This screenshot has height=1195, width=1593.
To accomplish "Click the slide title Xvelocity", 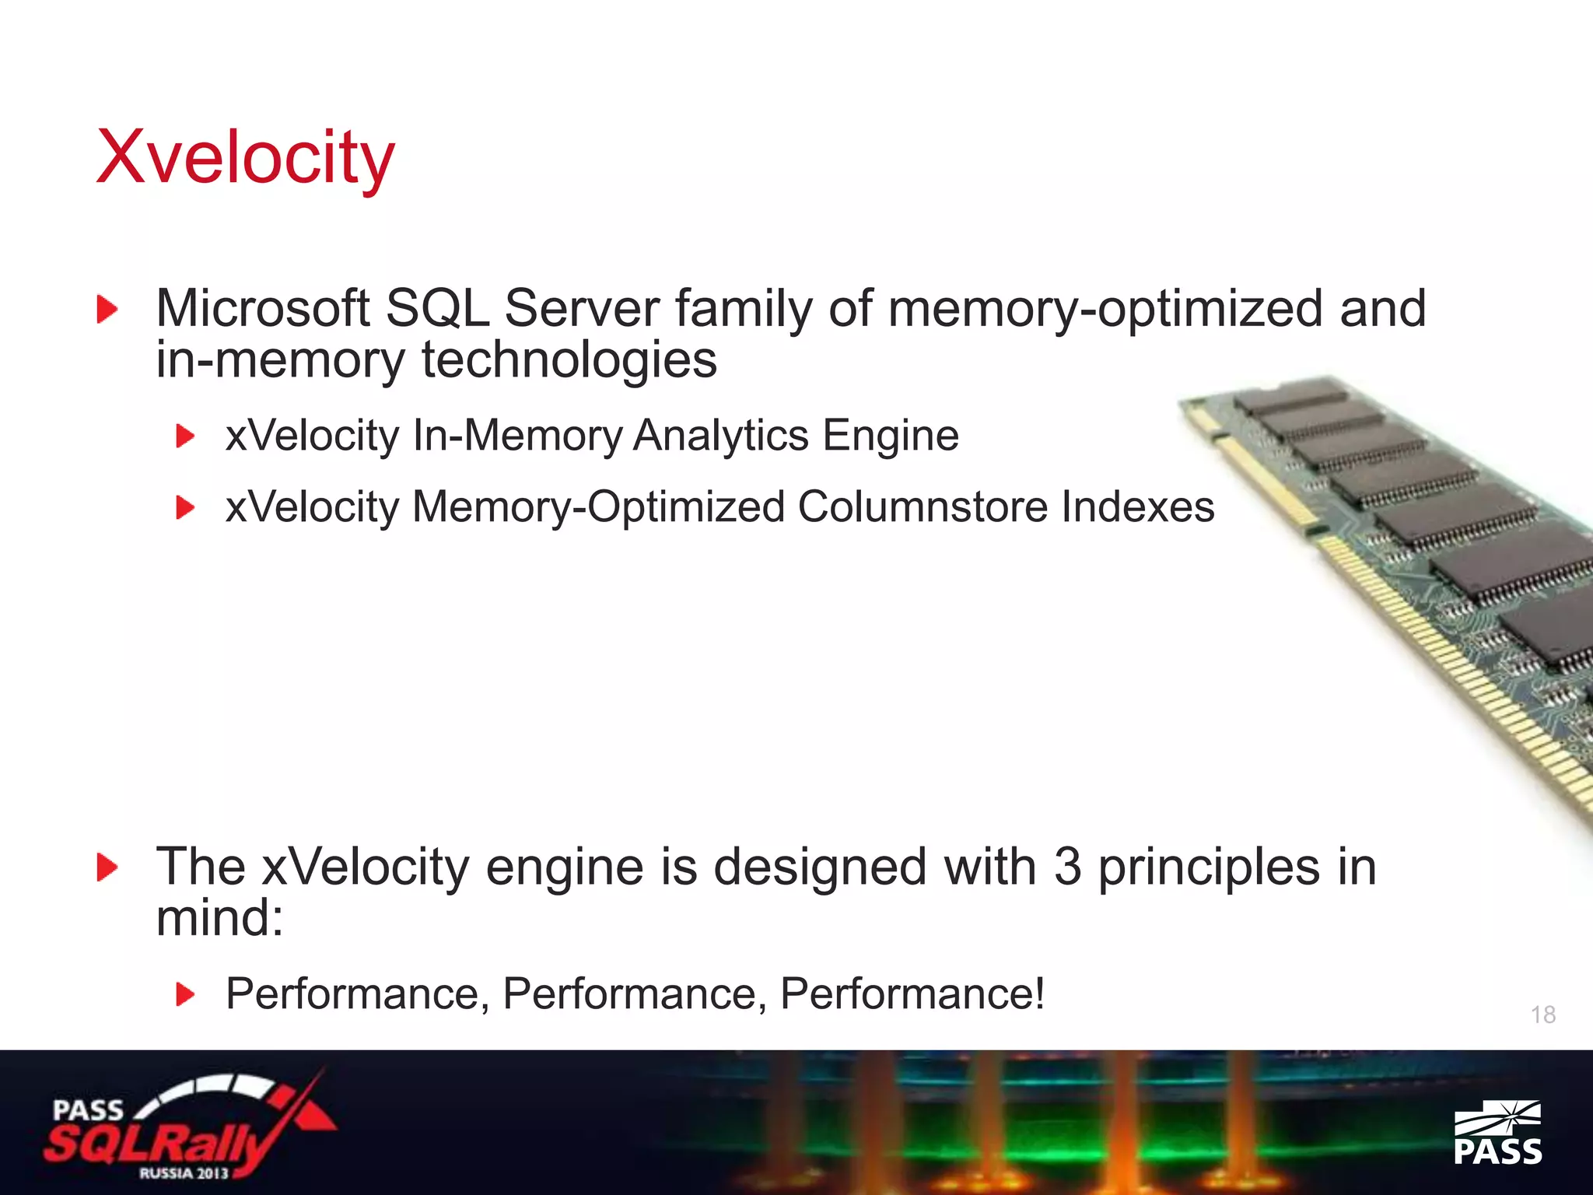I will click(245, 158).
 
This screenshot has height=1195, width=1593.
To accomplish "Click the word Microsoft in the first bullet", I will click(262, 308).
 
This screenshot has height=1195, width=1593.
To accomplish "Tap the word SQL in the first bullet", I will click(437, 308).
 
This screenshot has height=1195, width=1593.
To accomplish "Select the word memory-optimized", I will click(1105, 310).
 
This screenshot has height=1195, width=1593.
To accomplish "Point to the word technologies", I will click(569, 360).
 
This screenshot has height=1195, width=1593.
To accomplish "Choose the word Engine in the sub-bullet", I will click(891, 436).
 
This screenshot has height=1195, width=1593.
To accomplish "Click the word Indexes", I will click(1138, 507).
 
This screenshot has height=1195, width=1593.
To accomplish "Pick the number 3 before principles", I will click(1067, 867).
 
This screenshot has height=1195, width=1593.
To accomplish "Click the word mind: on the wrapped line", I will click(219, 918).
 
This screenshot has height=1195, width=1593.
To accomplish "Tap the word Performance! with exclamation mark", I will click(912, 994).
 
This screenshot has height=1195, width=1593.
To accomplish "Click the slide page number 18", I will click(1543, 1015).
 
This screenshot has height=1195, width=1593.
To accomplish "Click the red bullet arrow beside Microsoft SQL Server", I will click(107, 310).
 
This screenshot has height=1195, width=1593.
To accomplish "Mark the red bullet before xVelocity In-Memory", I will click(185, 436).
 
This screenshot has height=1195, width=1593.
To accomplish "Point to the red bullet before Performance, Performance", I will click(185, 994).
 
